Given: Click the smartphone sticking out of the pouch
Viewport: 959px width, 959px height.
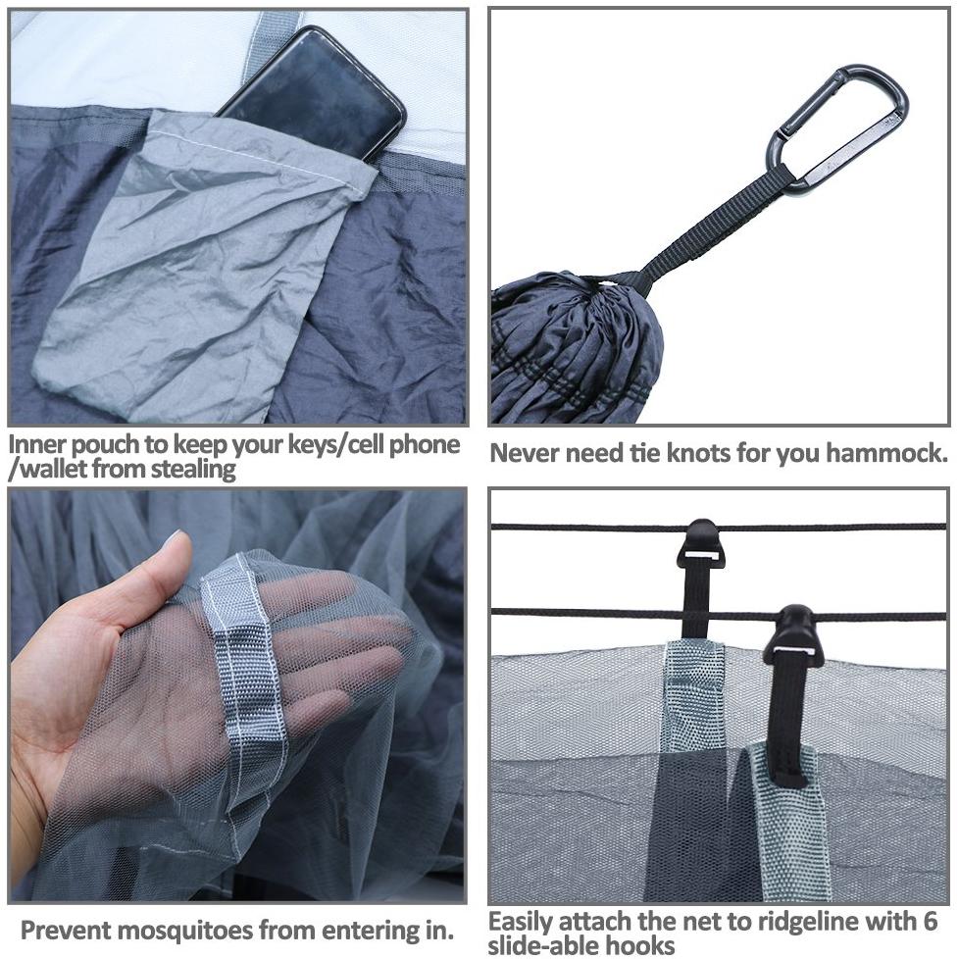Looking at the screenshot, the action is coord(315,92).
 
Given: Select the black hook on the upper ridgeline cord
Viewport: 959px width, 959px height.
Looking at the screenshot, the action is coord(701,543).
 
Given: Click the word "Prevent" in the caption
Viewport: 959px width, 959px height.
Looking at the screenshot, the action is coord(66,931).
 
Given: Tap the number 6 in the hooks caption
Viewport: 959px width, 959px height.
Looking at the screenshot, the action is coord(930,921).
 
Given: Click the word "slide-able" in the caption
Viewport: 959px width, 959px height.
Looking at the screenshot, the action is coord(545,945).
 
